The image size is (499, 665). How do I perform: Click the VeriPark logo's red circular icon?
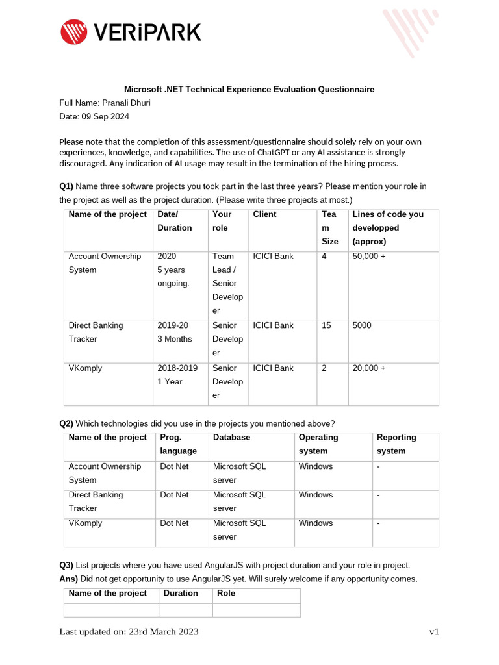click(x=73, y=32)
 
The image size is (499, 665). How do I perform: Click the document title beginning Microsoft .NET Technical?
click(x=249, y=89)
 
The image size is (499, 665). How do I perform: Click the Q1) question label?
click(x=66, y=186)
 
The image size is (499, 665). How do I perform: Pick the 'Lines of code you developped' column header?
click(x=387, y=227)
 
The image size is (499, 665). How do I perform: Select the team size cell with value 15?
click(x=326, y=325)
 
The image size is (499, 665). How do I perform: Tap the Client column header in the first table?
click(x=264, y=214)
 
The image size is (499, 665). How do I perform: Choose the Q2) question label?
click(x=66, y=423)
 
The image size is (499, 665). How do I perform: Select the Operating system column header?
click(x=318, y=444)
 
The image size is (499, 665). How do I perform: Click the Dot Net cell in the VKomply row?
click(x=174, y=523)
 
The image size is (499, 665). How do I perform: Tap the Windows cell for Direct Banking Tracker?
click(x=315, y=495)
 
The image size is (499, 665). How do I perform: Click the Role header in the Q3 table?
click(x=226, y=593)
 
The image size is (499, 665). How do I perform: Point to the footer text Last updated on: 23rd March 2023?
click(x=129, y=632)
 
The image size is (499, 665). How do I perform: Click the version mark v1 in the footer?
click(x=433, y=632)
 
